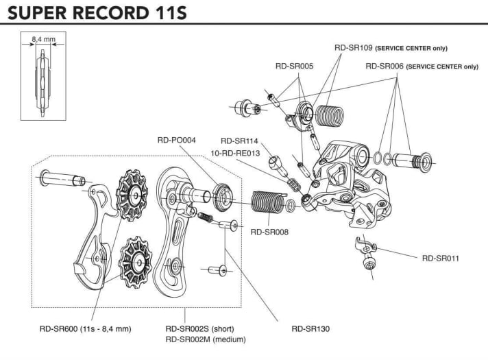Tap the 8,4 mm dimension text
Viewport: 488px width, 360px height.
(42, 40)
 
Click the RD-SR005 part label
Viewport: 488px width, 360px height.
(294, 67)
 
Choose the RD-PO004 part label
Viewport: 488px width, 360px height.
(176, 141)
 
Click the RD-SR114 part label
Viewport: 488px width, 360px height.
(239, 141)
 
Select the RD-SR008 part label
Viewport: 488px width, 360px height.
(269, 232)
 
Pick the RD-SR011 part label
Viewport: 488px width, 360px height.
(440, 258)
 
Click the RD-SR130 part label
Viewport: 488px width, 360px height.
(310, 328)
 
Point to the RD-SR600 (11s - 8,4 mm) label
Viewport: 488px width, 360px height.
(85, 328)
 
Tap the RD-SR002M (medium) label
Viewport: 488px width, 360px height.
(206, 339)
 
